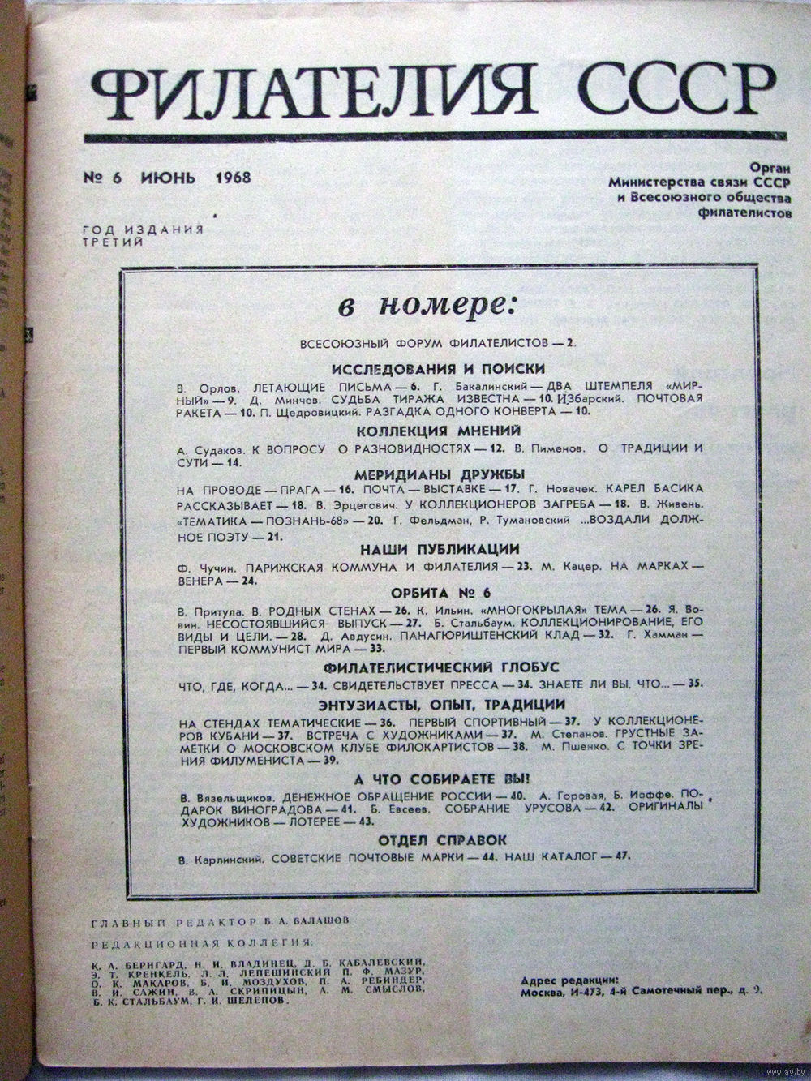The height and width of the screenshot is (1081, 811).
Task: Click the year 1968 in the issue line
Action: (x=234, y=178)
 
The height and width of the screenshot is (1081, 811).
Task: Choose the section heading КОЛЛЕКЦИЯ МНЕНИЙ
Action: (x=427, y=431)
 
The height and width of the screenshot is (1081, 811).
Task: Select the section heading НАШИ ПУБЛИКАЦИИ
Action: (x=427, y=549)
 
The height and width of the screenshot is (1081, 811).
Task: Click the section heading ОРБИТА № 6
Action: (x=427, y=592)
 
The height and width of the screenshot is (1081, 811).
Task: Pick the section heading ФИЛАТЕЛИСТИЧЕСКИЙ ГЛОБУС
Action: (x=427, y=667)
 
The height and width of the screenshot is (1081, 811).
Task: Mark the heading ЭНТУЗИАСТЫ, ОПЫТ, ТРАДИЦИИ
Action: (x=427, y=705)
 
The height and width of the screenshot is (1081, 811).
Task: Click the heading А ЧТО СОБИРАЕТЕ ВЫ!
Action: (x=427, y=779)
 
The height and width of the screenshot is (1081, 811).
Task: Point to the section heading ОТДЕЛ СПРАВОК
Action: (x=427, y=839)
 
